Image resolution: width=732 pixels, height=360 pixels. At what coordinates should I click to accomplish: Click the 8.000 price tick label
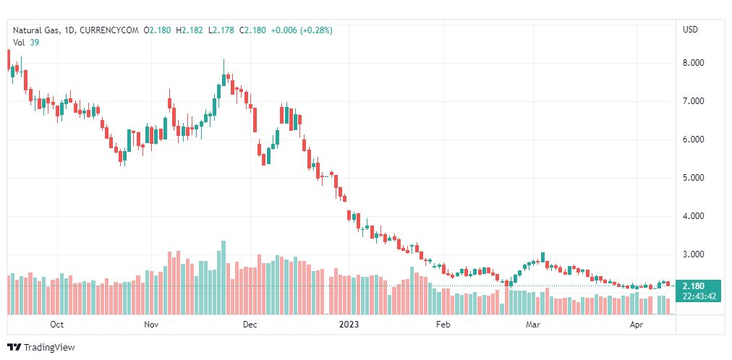click(x=694, y=63)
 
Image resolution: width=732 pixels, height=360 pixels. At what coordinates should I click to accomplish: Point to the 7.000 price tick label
click(x=694, y=101)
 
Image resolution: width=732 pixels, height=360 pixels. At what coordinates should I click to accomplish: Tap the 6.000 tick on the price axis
click(x=694, y=140)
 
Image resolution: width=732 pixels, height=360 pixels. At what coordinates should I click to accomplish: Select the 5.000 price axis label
click(x=694, y=178)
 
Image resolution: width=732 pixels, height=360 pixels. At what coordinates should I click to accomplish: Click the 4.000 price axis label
click(x=694, y=216)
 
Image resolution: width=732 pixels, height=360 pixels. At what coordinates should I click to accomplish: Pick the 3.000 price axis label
click(x=694, y=254)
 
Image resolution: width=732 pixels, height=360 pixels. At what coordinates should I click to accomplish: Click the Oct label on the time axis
click(x=57, y=325)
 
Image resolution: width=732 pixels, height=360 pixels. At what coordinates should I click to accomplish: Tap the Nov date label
click(x=151, y=325)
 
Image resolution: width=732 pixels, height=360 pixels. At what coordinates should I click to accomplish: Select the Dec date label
click(x=250, y=325)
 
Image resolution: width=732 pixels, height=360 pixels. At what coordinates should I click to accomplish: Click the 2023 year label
click(x=349, y=325)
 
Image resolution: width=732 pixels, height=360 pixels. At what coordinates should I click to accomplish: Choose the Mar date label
click(x=534, y=325)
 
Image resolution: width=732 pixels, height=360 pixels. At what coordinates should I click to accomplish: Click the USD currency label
click(x=690, y=30)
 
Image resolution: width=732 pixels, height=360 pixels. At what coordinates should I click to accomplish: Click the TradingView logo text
click(x=48, y=348)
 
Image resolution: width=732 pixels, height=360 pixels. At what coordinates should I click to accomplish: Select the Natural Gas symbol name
click(x=37, y=30)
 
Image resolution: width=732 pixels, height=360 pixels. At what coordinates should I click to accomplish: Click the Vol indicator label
click(x=20, y=43)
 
